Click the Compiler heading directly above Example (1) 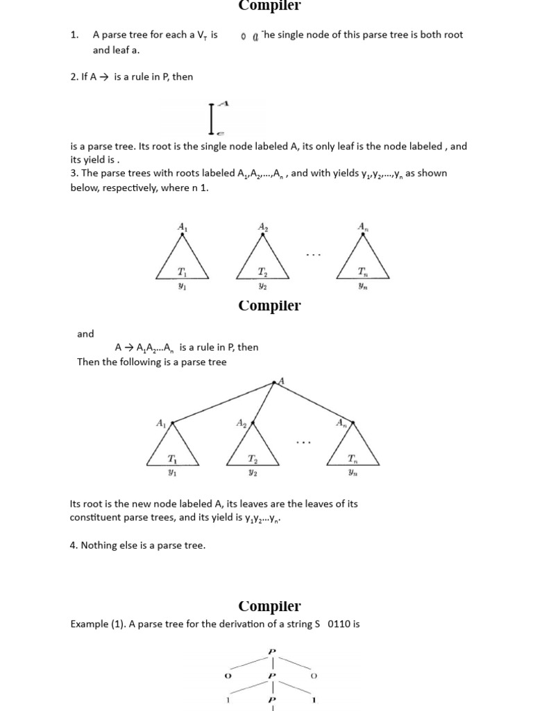coord(269,606)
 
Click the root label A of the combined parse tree coord(282,380)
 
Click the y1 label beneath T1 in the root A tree coord(173,473)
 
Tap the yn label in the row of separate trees coord(363,285)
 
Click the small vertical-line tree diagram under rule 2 coord(212,118)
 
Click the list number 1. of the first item coord(75,35)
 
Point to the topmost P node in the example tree coord(272,651)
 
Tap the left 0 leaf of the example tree coord(228,676)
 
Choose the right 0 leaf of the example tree coord(314,676)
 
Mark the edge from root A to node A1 coord(223,401)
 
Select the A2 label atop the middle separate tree coord(263,226)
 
